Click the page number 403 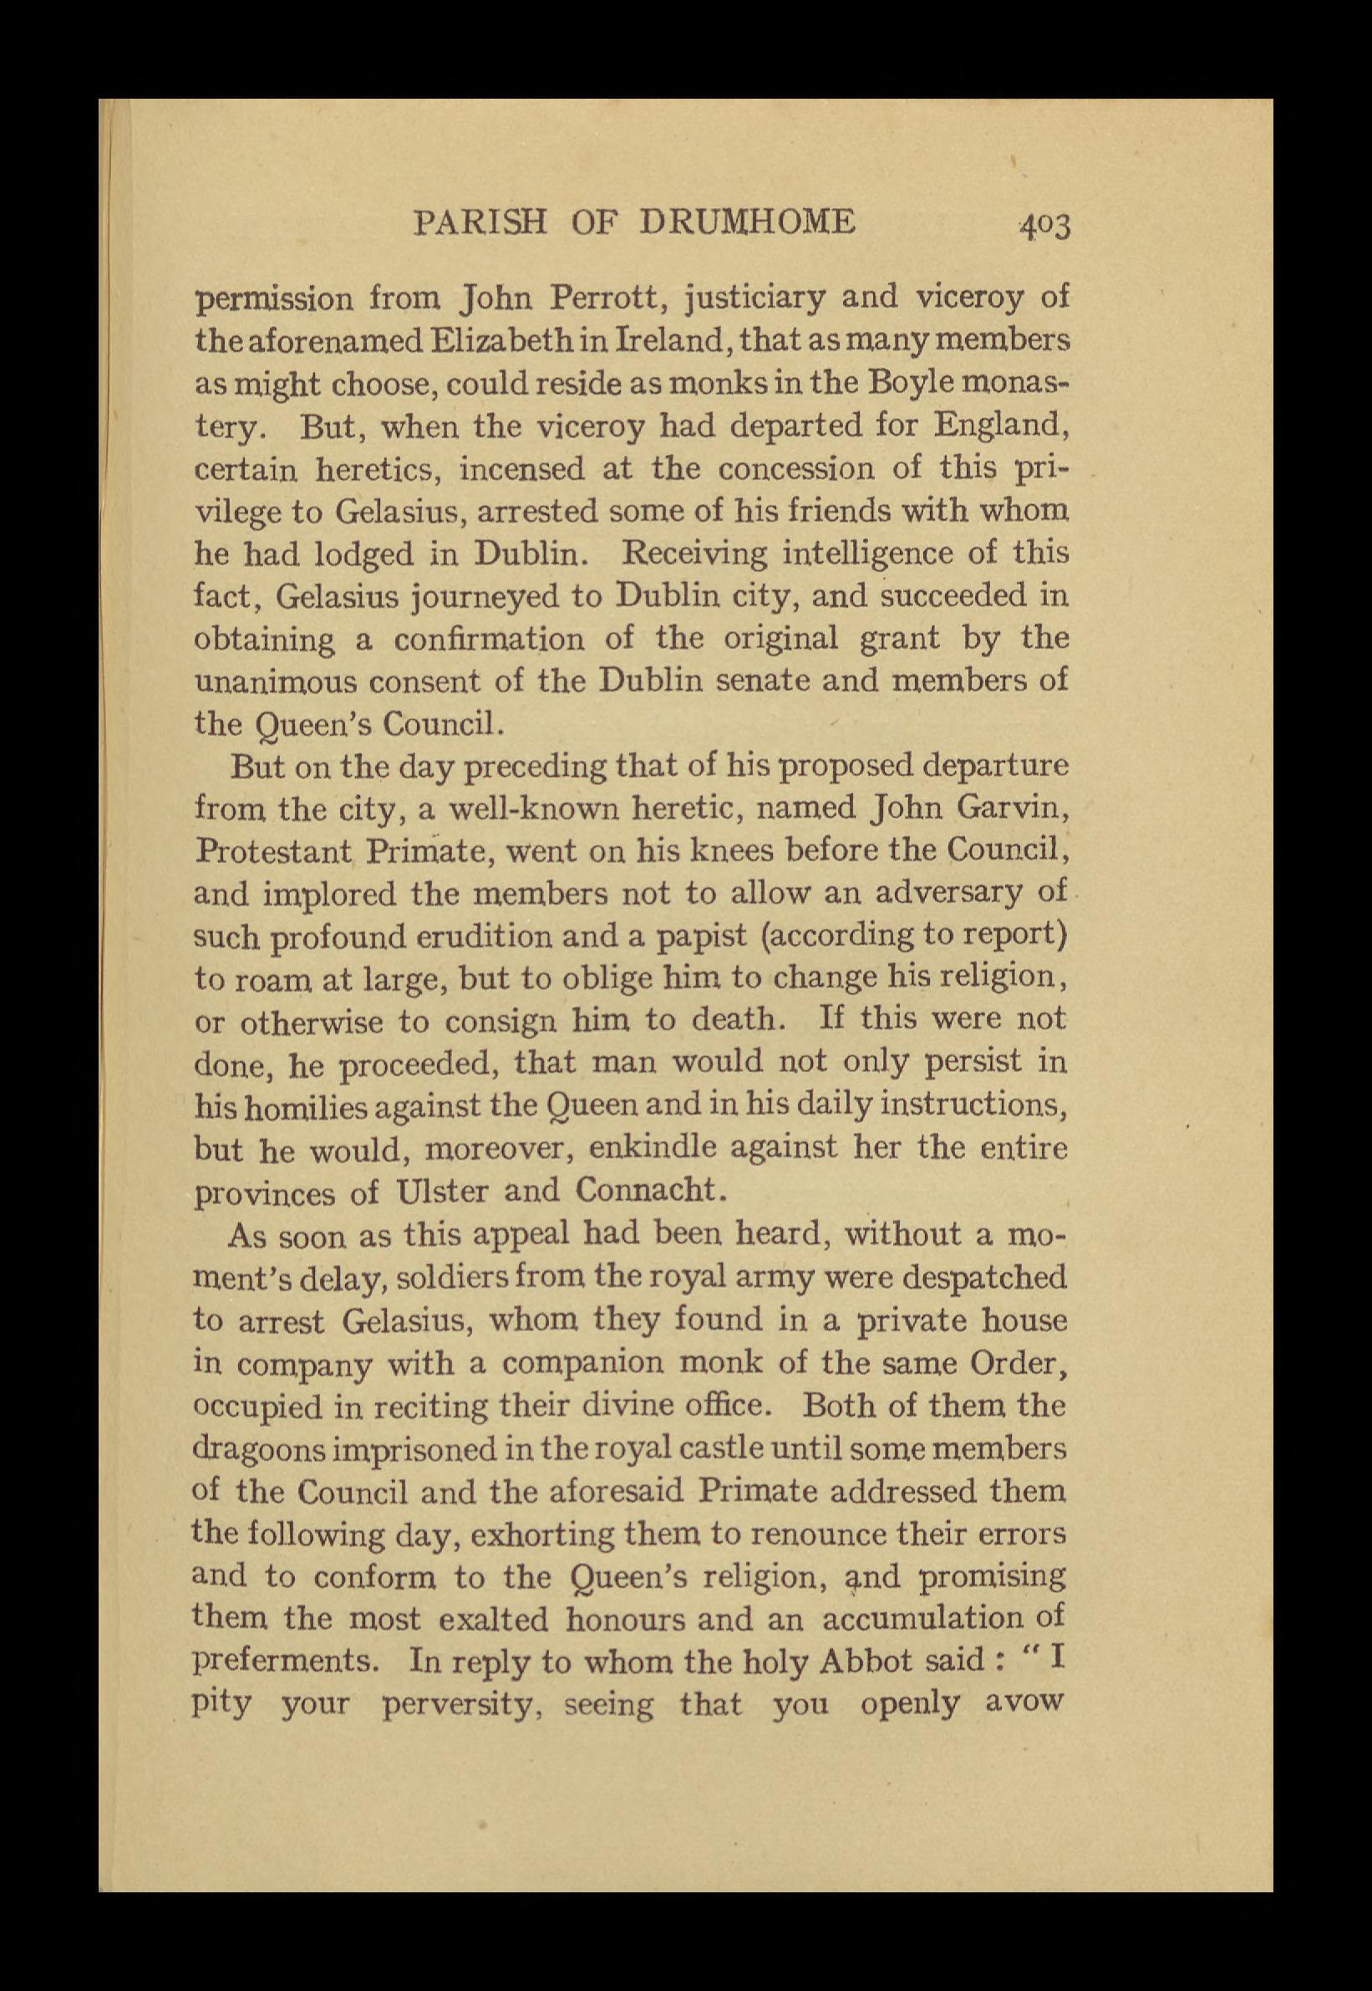pyautogui.click(x=1044, y=226)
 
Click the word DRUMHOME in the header pyautogui.click(x=748, y=222)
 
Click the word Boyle pyautogui.click(x=917, y=384)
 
